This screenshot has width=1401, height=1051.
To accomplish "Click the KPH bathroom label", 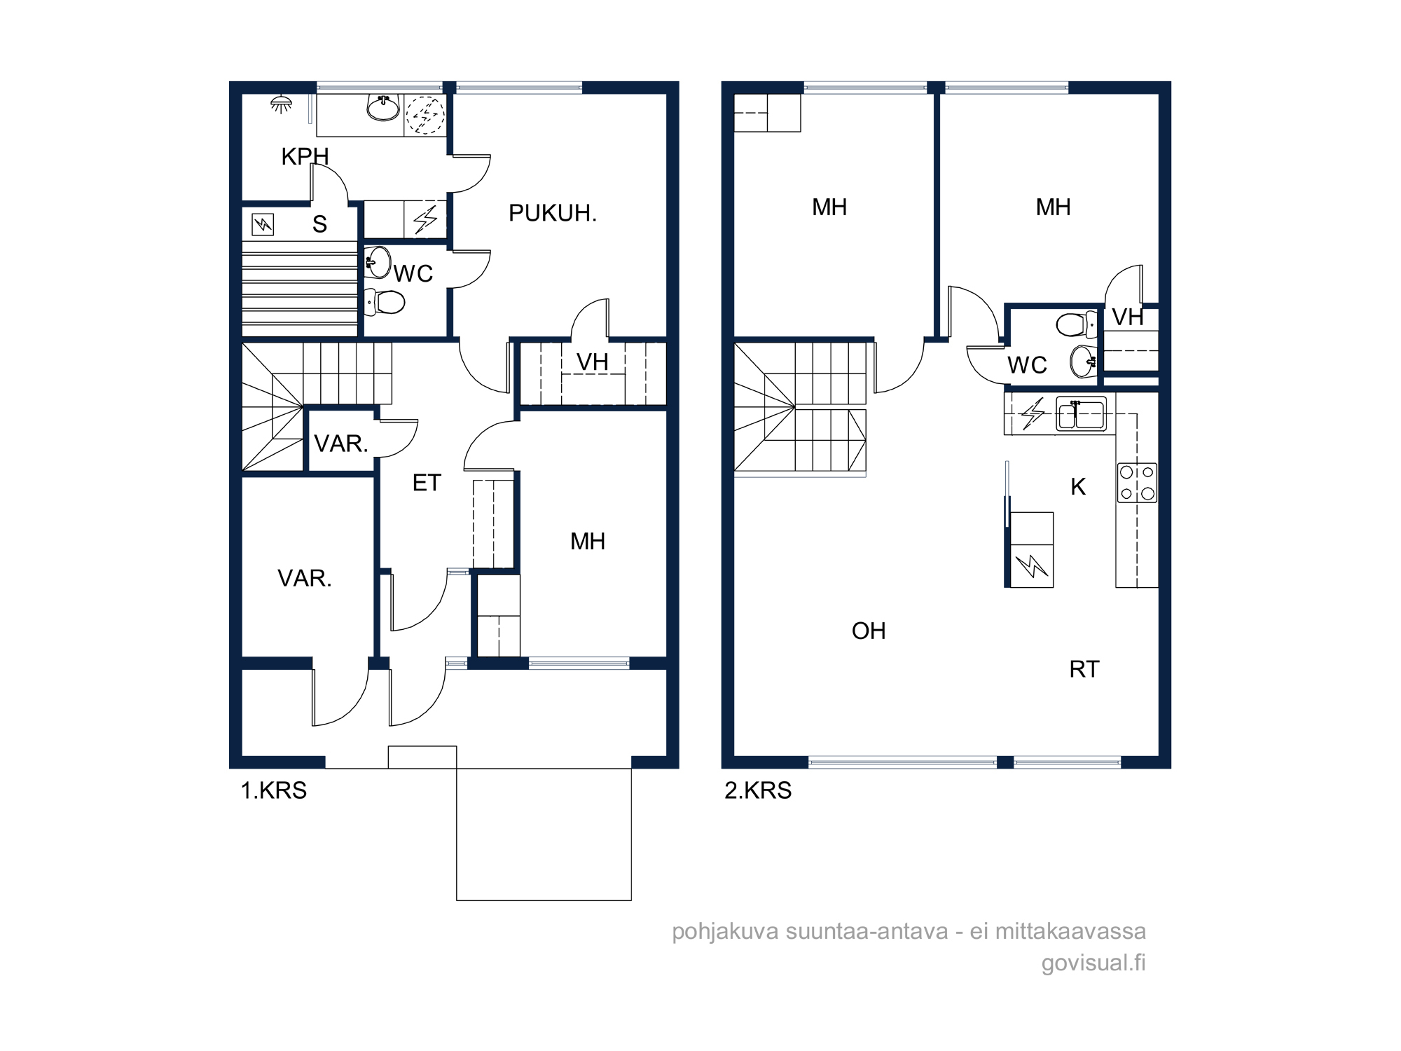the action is click(x=305, y=156).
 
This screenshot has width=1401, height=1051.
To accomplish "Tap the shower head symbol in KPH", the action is click(x=281, y=104).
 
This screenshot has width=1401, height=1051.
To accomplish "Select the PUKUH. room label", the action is click(x=553, y=213).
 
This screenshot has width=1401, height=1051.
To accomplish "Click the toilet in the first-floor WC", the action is click(x=385, y=302).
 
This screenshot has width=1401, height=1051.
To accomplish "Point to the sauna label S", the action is click(x=319, y=224).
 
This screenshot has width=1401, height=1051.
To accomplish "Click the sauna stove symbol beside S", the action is click(x=263, y=224).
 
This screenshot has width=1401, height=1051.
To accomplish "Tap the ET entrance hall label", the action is click(x=427, y=483).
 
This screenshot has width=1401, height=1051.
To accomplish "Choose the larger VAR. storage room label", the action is click(x=305, y=578).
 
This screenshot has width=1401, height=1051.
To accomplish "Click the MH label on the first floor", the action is click(x=588, y=541).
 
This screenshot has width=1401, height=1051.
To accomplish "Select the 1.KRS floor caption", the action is click(x=274, y=790).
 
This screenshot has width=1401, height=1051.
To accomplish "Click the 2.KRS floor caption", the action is click(x=758, y=790).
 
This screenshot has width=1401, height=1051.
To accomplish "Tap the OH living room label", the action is click(x=869, y=631).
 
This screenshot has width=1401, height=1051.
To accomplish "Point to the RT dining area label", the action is click(x=1084, y=669).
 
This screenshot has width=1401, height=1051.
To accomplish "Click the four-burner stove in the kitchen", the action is click(x=1137, y=483).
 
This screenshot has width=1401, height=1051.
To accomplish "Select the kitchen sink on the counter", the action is click(x=1082, y=413).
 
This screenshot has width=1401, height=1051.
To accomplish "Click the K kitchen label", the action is click(x=1078, y=486).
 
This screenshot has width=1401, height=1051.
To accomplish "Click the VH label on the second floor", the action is click(x=1128, y=317).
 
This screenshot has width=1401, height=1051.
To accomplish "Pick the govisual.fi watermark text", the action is click(x=1093, y=963).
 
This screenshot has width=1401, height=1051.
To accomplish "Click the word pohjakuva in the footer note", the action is click(x=725, y=932).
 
